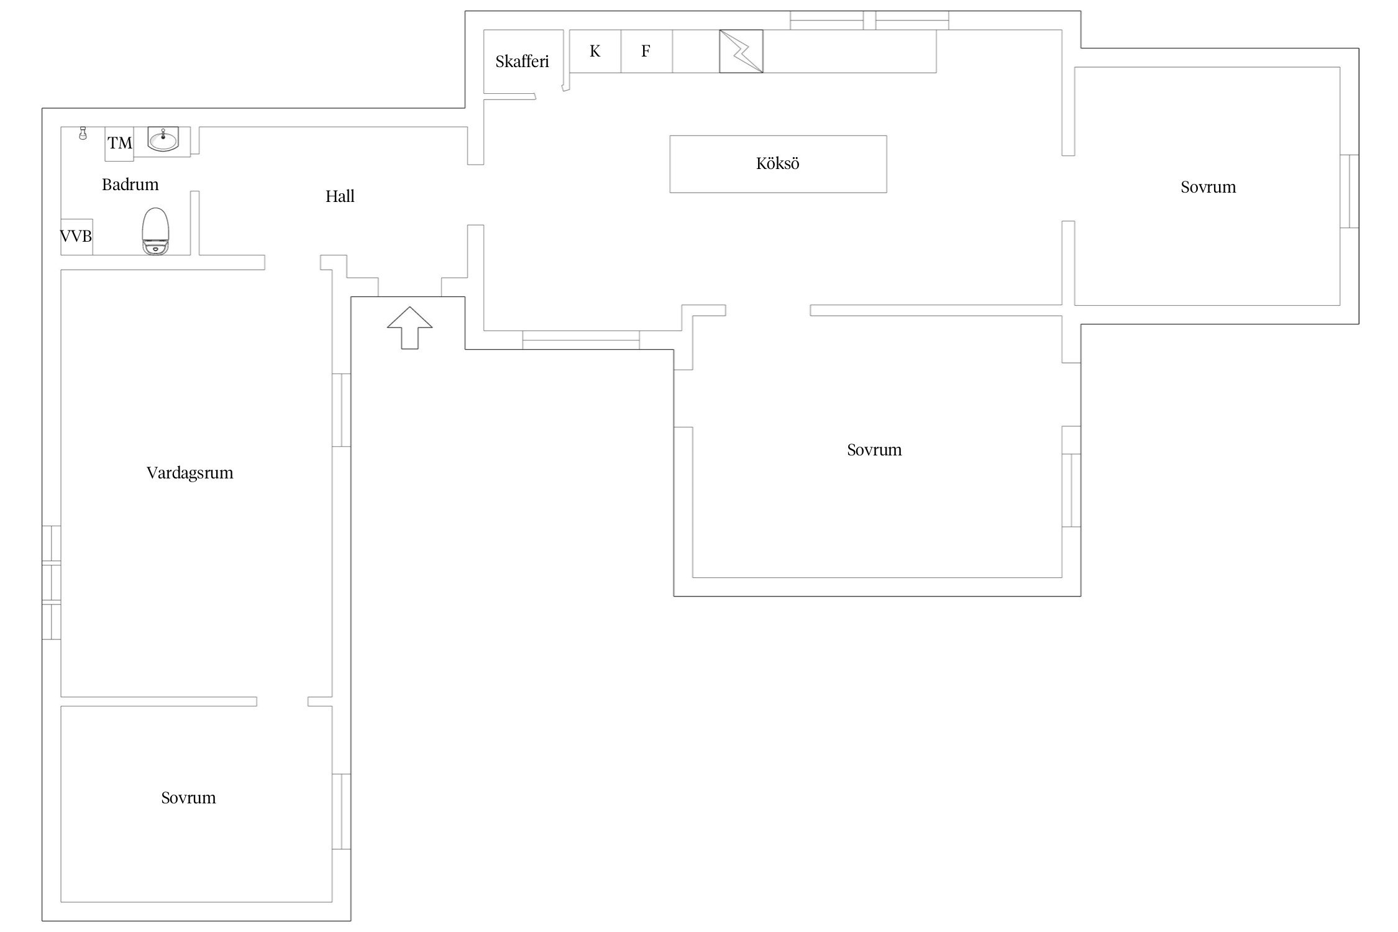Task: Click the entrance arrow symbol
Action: [409, 327]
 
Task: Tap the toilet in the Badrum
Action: [155, 231]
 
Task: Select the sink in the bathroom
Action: [163, 139]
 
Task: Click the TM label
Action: [120, 144]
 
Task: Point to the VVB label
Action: [76, 236]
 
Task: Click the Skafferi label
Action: [523, 62]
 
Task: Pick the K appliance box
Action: [595, 51]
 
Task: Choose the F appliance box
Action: [646, 51]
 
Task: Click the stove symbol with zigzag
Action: [741, 51]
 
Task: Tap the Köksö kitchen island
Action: [778, 164]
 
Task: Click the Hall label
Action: [340, 196]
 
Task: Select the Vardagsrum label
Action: [190, 473]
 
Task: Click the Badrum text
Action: [130, 185]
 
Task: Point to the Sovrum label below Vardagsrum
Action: [189, 798]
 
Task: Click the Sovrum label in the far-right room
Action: [1208, 187]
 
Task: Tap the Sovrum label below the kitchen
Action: [874, 450]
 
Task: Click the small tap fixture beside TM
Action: [83, 133]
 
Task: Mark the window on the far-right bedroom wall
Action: [1349, 191]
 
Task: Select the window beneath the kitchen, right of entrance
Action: [581, 340]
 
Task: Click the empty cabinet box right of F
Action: [696, 51]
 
